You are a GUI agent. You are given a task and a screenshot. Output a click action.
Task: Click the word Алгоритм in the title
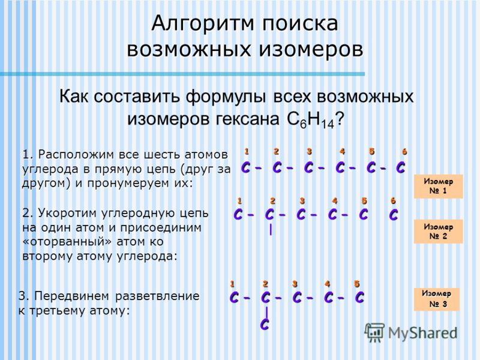coord(202,24)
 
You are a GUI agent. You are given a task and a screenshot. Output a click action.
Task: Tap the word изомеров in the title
coord(311,49)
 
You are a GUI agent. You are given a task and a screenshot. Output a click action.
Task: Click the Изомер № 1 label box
coord(439,186)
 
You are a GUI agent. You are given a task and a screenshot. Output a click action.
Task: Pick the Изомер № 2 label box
coord(439,232)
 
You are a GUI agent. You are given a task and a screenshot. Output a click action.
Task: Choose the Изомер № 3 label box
coord(437,299)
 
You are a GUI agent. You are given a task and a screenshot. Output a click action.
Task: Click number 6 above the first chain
coord(404,152)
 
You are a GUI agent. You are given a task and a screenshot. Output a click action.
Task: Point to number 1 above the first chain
coord(247,151)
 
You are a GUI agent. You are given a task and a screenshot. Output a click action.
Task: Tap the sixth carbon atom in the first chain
coord(400,167)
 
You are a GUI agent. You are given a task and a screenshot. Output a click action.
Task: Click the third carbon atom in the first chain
coord(308,167)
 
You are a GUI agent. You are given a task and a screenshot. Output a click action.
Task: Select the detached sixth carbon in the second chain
coord(393,214)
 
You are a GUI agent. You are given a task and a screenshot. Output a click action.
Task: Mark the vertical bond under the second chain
coord(271,230)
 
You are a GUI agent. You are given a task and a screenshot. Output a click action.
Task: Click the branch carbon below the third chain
coord(265,324)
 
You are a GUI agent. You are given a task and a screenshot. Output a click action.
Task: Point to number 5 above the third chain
coord(356,284)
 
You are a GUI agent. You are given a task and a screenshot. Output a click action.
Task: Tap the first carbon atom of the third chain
coord(234,297)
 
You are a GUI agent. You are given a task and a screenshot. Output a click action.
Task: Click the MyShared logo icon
coord(374,332)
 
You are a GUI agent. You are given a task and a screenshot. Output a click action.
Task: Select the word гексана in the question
coord(247,119)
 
